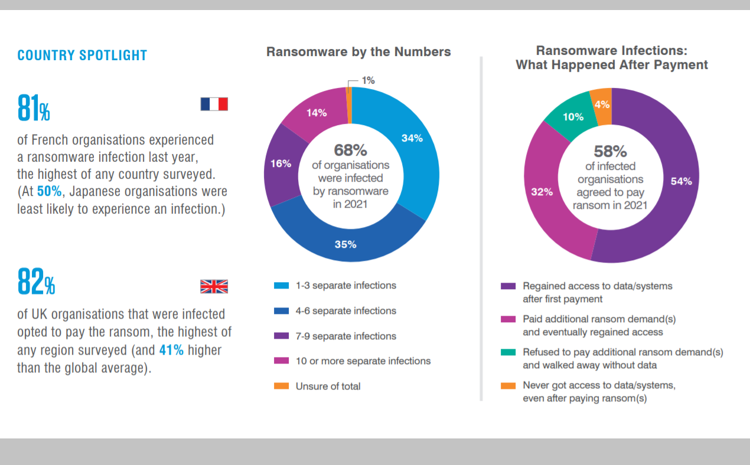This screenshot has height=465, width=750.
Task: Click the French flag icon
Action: (214, 104)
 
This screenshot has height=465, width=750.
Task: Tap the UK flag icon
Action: (214, 287)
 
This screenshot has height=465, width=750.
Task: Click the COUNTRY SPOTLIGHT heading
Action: (82, 55)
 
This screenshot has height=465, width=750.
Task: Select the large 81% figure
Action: (34, 109)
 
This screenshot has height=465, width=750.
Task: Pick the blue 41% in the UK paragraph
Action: (171, 350)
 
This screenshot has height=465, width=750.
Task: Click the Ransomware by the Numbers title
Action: (358, 52)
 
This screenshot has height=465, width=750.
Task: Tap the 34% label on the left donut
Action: (412, 138)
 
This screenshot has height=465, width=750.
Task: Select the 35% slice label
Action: (345, 244)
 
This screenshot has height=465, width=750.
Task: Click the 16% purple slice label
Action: (281, 163)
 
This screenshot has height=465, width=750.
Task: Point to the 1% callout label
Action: (369, 80)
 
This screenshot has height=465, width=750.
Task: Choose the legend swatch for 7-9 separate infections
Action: (282, 336)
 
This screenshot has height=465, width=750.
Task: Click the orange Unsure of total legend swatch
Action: (282, 386)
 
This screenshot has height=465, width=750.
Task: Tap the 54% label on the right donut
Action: (681, 181)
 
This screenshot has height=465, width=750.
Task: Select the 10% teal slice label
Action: (573, 117)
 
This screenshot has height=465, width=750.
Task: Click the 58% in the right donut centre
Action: (610, 152)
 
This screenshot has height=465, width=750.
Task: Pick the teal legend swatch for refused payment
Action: (508, 352)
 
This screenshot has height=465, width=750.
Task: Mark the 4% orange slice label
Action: (602, 104)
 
